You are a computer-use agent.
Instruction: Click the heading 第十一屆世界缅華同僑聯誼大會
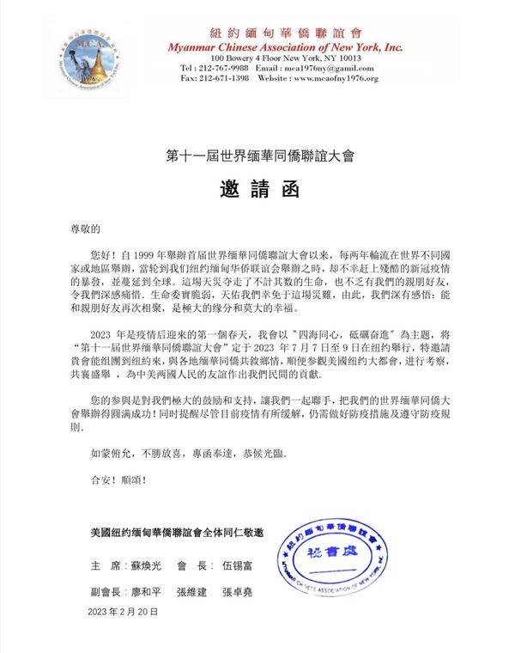pos(258,156)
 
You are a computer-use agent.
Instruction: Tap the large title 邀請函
pos(258,190)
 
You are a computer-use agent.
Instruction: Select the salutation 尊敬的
pos(85,229)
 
